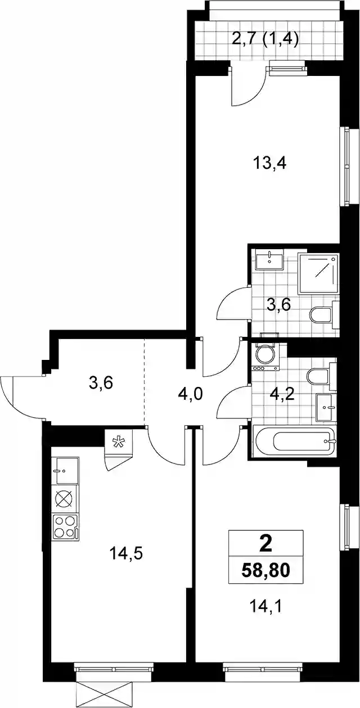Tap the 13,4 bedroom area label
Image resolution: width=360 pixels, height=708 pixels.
tap(269, 164)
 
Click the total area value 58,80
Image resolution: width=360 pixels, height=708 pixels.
tap(265, 570)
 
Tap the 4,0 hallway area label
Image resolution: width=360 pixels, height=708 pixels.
tap(190, 395)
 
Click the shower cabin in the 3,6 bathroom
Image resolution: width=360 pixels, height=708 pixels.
tap(318, 274)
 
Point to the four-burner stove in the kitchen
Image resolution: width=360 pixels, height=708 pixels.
tap(65, 526)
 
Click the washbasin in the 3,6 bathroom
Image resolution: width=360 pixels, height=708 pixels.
tap(269, 259)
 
